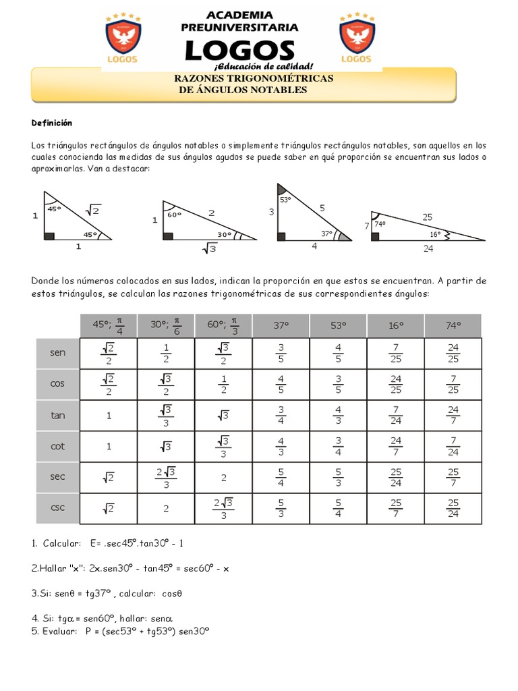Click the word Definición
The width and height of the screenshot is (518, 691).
(52, 123)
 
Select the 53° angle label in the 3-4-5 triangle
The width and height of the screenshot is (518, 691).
(285, 200)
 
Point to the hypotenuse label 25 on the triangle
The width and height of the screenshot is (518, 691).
(427, 217)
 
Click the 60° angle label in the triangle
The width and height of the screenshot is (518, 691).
(175, 215)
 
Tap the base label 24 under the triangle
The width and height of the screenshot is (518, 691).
(428, 248)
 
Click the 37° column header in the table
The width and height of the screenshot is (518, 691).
(281, 325)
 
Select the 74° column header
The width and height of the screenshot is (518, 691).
(453, 325)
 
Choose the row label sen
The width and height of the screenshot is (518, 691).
(58, 353)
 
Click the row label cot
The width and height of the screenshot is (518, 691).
(58, 446)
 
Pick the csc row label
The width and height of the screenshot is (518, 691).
(58, 508)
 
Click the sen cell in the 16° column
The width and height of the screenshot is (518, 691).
(396, 353)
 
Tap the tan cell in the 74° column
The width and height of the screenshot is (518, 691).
(453, 415)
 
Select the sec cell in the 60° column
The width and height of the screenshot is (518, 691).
(223, 477)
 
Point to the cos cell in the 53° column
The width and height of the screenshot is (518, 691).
(339, 384)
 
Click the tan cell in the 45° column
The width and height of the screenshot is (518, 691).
(108, 416)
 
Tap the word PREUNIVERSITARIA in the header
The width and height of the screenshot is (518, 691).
(240, 28)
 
